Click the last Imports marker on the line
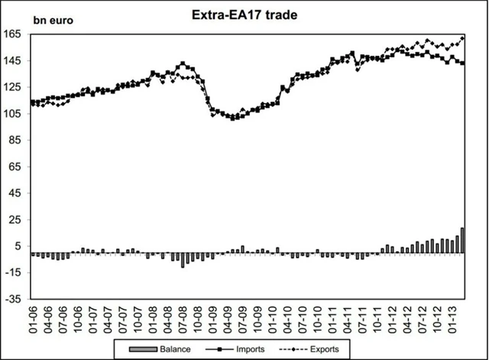tap(462, 63)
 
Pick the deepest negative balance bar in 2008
tap(183, 260)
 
